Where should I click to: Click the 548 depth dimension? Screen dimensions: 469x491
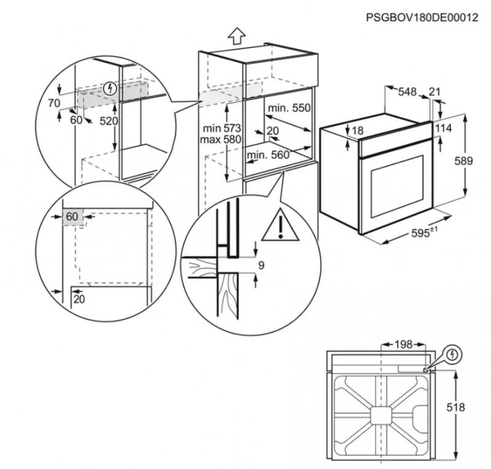[408, 92]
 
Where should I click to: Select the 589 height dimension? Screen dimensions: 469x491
[464, 161]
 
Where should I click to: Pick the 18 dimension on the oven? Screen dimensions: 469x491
[358, 130]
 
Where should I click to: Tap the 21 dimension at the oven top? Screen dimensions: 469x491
[435, 92]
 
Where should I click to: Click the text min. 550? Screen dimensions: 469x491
[289, 108]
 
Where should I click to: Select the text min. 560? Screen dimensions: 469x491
[268, 155]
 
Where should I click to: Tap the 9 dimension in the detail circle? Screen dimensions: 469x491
[261, 266]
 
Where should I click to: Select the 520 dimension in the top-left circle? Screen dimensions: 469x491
[108, 122]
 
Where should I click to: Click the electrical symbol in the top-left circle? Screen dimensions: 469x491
[110, 88]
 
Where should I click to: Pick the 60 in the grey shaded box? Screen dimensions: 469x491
[72, 217]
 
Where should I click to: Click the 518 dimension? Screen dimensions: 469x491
[455, 407]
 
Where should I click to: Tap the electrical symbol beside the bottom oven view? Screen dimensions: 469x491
[452, 354]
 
